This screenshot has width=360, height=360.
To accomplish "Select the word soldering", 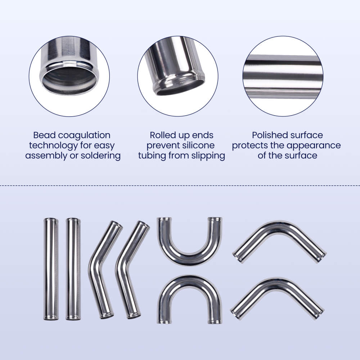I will [100, 156].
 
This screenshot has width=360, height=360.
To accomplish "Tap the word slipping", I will [206, 156].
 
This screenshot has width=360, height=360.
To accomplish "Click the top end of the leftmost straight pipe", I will [50, 220].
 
